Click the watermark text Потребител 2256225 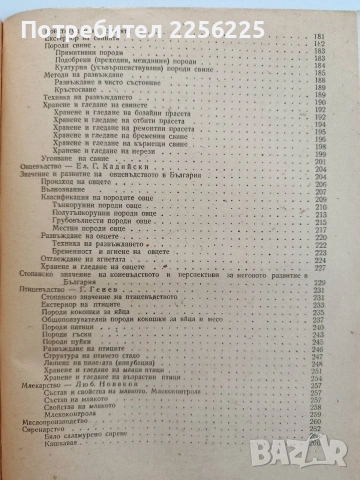point(180,17)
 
